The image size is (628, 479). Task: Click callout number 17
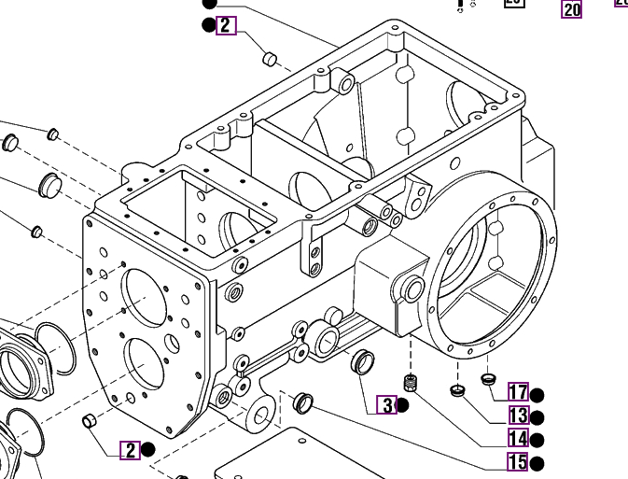pos(518,393)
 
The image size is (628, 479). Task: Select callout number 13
pos(518,416)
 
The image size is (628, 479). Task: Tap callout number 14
pos(518,439)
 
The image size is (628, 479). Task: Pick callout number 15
pos(518,461)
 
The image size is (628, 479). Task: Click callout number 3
pos(386,405)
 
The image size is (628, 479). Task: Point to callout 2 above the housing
pos(226,25)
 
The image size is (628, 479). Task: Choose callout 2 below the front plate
pos(130,450)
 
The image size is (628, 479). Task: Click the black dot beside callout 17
pos(537,395)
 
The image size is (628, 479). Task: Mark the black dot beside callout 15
pos(536,463)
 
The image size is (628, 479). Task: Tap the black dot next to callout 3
pos(402,405)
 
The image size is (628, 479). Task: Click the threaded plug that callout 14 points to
pos(409,382)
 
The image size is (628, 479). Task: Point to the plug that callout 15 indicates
pos(302,403)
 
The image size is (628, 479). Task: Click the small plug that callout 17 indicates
pos(487,378)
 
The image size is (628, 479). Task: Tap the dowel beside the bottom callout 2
pos(91,422)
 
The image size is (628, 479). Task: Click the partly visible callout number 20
pos(570,8)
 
